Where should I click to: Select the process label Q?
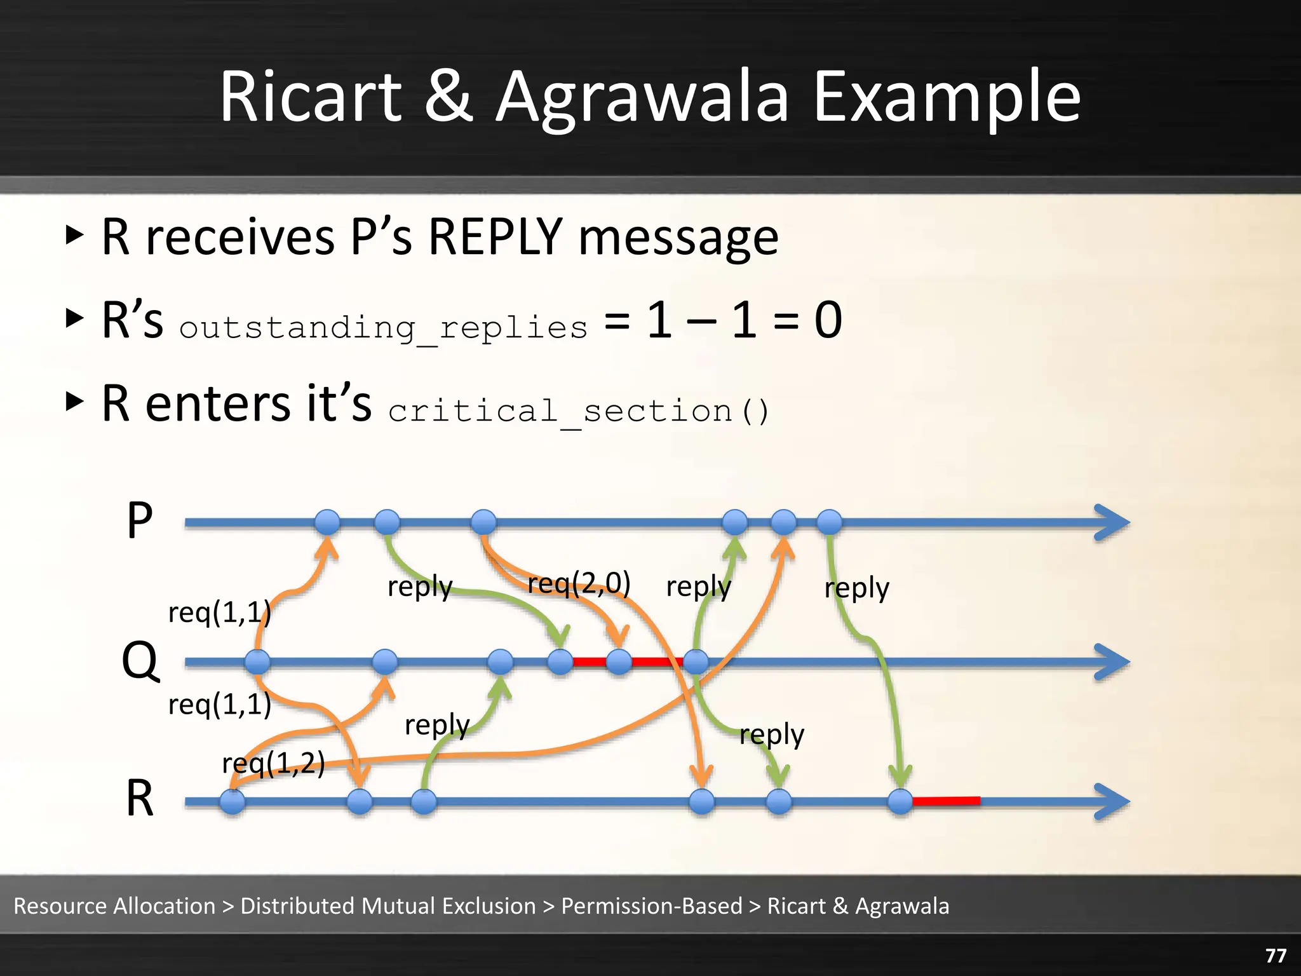140,661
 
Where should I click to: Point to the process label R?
140,799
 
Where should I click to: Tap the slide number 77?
1276,956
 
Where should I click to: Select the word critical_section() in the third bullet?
578,410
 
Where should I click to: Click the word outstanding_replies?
383,327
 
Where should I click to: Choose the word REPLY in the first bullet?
495,236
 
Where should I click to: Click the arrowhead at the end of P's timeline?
1113,522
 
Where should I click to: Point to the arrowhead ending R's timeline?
1113,802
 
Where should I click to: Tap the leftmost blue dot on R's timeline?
233,802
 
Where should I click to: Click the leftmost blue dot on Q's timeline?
257,662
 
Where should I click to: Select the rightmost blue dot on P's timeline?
829,522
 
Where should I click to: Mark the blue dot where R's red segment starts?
900,802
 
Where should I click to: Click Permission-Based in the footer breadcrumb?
651,905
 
